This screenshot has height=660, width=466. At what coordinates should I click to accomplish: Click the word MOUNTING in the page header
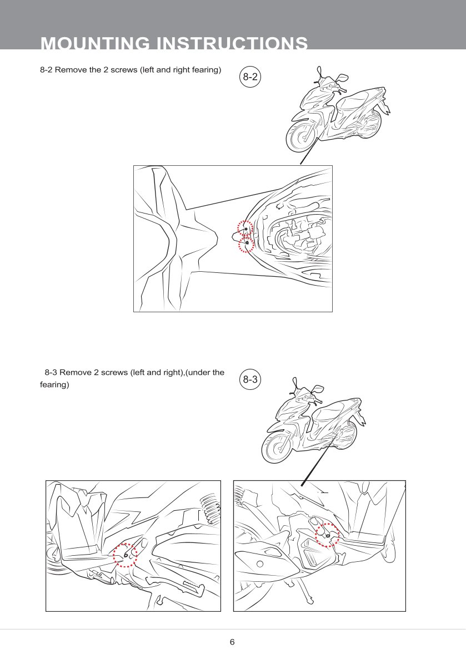coord(95,43)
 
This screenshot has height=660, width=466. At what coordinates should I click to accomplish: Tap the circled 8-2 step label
coord(250,77)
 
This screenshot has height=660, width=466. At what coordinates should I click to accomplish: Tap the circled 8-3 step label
coord(250,379)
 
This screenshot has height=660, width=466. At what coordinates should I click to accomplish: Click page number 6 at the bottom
coord(232,642)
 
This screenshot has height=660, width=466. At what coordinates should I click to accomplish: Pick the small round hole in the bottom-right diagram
coord(260,563)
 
